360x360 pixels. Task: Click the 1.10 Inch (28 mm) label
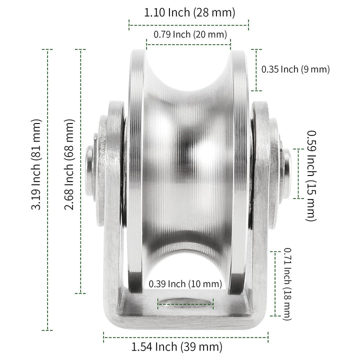(x=189, y=12)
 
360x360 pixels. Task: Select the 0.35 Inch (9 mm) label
(x=295, y=69)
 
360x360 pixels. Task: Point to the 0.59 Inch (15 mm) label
(x=311, y=175)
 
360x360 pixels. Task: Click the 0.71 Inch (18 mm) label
(x=287, y=284)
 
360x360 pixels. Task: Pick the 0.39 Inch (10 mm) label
(x=185, y=284)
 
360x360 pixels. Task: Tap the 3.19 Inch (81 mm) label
(x=36, y=164)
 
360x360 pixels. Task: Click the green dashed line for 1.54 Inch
(x=185, y=333)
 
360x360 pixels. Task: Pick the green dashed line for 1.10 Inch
(x=189, y=23)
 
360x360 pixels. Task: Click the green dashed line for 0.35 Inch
(x=256, y=70)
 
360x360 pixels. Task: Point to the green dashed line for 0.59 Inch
(x=298, y=173)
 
